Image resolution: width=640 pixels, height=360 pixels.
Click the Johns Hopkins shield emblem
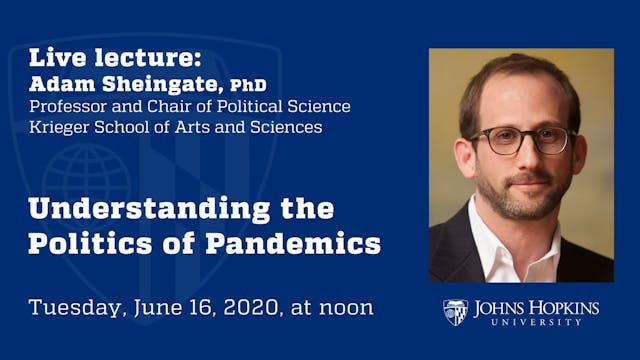pyautogui.click(x=455, y=312)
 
